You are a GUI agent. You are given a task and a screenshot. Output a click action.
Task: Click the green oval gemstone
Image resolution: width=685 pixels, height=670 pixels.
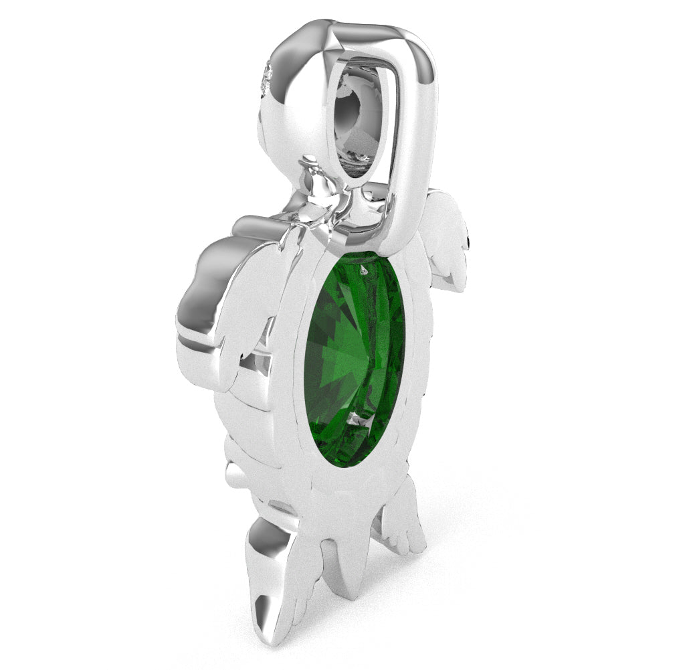pyautogui.click(x=355, y=358)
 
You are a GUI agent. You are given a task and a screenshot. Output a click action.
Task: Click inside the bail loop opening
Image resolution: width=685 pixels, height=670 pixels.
pyautogui.click(x=365, y=120)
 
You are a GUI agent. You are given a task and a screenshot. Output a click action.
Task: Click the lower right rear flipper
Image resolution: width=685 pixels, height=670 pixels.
pyautogui.click(x=401, y=522)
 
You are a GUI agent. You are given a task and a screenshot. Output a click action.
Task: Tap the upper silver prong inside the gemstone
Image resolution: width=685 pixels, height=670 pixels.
pyautogui.click(x=363, y=270)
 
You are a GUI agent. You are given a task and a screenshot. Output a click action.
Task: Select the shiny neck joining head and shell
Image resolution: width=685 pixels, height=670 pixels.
pyautogui.click(x=318, y=201)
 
